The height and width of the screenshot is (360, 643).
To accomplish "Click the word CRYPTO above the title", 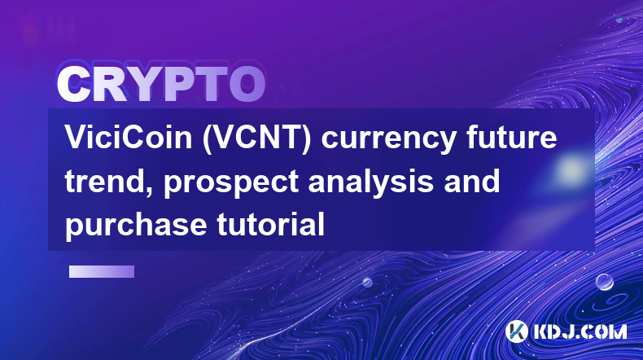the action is pyautogui.click(x=161, y=84).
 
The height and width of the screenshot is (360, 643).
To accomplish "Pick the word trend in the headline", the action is pyautogui.click(x=109, y=182).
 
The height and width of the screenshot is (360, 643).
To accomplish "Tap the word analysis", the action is pyautogui.click(x=370, y=184).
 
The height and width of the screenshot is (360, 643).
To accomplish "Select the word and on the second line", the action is pyautogui.click(x=472, y=181).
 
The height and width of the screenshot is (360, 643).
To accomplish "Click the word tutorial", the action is pyautogui.click(x=271, y=224).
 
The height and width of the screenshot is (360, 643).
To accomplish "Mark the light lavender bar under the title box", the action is pyautogui.click(x=102, y=272).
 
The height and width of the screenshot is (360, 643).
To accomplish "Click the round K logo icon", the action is pyautogui.click(x=516, y=331).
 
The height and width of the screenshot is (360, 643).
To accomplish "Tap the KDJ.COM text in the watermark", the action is pyautogui.click(x=580, y=331).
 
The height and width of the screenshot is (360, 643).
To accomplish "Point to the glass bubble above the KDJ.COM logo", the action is pyautogui.click(x=604, y=282).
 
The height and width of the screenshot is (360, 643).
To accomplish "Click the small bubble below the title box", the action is pyautogui.click(x=367, y=282).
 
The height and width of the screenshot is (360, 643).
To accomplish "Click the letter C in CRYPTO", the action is pyautogui.click(x=74, y=84).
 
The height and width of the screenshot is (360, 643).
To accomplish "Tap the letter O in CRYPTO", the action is pyautogui.click(x=247, y=84).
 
